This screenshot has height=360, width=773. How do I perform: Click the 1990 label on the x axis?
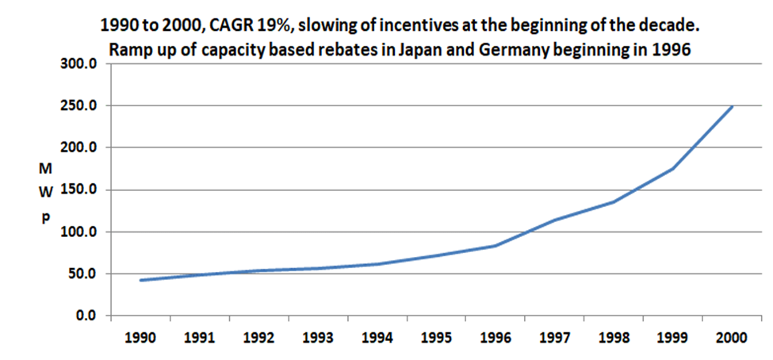pyautogui.click(x=140, y=336)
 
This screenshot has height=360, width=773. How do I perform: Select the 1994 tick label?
pyautogui.click(x=377, y=336)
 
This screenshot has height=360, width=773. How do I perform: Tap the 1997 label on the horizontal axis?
pyautogui.click(x=554, y=336)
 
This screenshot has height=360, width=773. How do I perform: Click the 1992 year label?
pyautogui.click(x=258, y=336)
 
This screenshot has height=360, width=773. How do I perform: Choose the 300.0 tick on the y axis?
pyautogui.click(x=78, y=63)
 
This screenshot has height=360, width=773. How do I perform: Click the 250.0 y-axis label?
pyautogui.click(x=78, y=105)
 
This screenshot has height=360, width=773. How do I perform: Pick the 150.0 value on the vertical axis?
pyautogui.click(x=78, y=190)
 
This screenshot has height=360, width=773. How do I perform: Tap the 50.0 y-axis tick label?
pyautogui.click(x=82, y=274)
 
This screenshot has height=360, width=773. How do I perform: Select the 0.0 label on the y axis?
pyautogui.click(x=85, y=316)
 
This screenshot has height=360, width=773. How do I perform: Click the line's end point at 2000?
pyautogui.click(x=732, y=106)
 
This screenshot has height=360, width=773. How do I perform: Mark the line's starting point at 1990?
pyautogui.click(x=140, y=280)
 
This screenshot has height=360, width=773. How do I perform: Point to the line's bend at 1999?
pyautogui.click(x=673, y=169)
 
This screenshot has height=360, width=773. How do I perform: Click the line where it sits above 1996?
pyautogui.click(x=496, y=246)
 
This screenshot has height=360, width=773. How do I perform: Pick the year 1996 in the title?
pyautogui.click(x=674, y=48)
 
